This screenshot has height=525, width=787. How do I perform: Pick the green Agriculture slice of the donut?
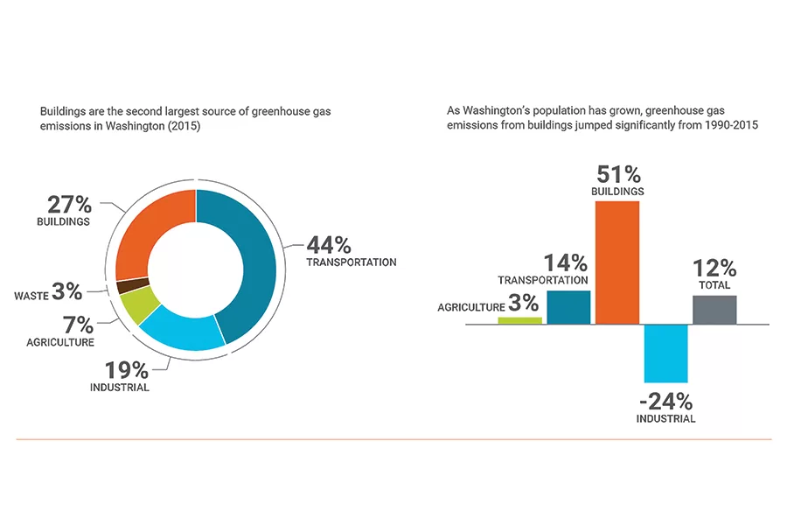tap(138, 304)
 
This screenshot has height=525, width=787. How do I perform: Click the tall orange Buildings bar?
tap(617, 262)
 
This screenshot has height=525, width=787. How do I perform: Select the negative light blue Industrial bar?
tap(666, 353)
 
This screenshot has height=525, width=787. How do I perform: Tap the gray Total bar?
tap(714, 309)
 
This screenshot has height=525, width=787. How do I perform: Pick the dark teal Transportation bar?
tap(568, 306)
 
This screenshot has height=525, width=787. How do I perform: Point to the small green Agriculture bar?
tap(519, 320)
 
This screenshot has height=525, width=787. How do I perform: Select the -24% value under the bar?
tap(666, 402)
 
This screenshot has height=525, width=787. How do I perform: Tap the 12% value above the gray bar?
tap(714, 269)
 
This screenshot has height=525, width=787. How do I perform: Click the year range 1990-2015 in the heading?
tap(730, 125)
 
